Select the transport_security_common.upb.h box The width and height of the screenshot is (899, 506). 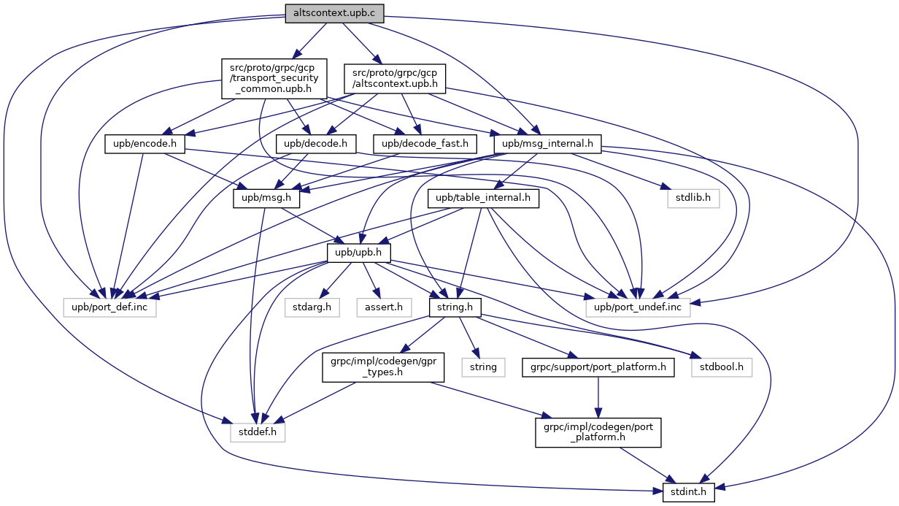[273, 78]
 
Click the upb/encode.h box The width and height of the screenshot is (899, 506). [144, 145]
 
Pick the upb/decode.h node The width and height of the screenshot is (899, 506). [316, 145]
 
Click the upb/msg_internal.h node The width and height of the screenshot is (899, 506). [547, 145]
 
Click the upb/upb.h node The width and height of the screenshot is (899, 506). [358, 253]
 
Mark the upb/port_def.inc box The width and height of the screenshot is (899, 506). [109, 307]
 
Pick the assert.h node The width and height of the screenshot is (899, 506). [383, 307]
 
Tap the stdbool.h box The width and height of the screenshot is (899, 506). [722, 367]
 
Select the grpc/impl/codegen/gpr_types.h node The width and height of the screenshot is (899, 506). [383, 367]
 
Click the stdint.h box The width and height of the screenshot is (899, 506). [689, 491]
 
